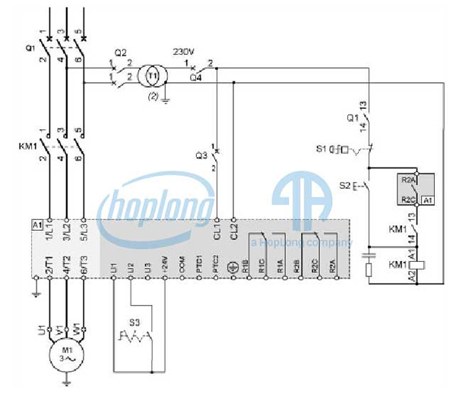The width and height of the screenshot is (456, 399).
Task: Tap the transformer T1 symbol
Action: tap(152, 76)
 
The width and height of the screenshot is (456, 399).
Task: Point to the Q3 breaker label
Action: tap(201, 156)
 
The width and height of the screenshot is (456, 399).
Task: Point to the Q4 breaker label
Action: tap(196, 76)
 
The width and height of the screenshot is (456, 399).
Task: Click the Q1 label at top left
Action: tap(30, 47)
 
